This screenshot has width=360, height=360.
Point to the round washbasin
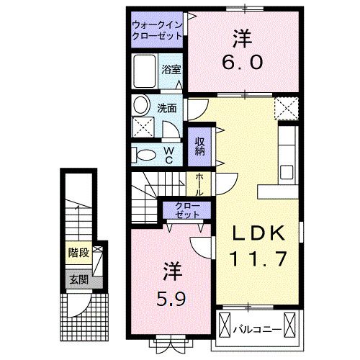[141, 104]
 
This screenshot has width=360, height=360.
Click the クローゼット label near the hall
[187, 211]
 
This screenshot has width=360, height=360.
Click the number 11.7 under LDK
[258, 258]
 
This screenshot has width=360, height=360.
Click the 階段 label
[78, 253]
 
